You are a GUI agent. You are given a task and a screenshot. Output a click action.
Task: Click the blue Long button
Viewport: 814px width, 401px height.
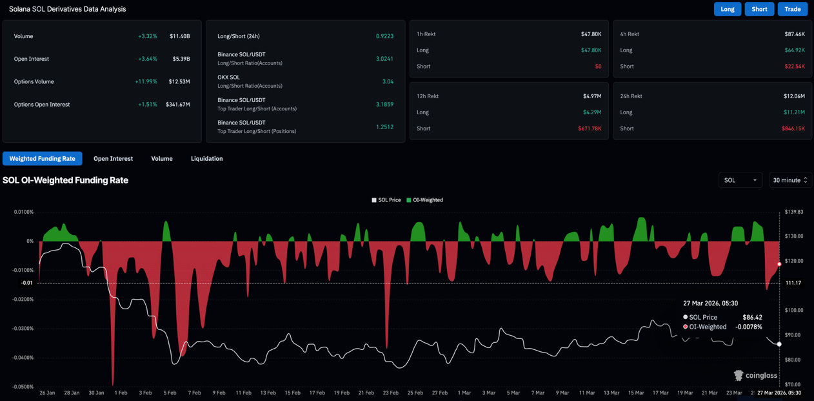[x=727, y=9]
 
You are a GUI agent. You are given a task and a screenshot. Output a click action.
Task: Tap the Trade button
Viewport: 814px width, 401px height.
[x=792, y=9]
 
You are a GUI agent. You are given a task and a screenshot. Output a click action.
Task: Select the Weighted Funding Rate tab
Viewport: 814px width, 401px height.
[x=42, y=158]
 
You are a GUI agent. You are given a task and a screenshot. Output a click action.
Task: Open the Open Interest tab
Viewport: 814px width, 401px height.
[x=113, y=158]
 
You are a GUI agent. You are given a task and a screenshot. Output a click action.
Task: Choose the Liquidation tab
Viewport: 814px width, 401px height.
[x=206, y=158]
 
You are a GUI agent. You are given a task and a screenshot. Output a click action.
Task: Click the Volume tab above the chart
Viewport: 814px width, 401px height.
[x=161, y=158]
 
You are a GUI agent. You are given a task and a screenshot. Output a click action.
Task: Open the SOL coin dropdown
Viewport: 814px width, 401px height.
[x=740, y=180]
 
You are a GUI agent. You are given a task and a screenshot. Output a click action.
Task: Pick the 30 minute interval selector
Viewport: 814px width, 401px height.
[x=789, y=180]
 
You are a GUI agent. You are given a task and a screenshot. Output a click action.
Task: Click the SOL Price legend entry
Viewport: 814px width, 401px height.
[x=386, y=200]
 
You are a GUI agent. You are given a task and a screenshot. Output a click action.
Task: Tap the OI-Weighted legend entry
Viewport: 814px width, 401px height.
[x=424, y=200]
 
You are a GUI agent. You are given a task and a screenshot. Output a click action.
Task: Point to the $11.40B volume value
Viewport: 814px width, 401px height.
[x=179, y=36]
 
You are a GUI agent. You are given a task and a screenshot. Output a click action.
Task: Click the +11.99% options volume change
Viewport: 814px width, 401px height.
[x=146, y=82]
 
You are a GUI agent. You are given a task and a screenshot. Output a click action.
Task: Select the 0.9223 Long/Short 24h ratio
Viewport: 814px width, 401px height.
[x=384, y=36]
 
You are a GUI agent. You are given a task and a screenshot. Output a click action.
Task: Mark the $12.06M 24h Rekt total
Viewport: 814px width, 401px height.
[x=793, y=96]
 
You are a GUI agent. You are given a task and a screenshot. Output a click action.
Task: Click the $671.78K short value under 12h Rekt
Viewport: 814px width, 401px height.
[x=589, y=129]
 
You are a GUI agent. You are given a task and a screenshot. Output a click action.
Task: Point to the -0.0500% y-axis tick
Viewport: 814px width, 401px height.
[x=23, y=387]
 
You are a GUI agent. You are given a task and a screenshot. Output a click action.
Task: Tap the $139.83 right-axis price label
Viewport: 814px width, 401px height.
[x=794, y=212]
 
